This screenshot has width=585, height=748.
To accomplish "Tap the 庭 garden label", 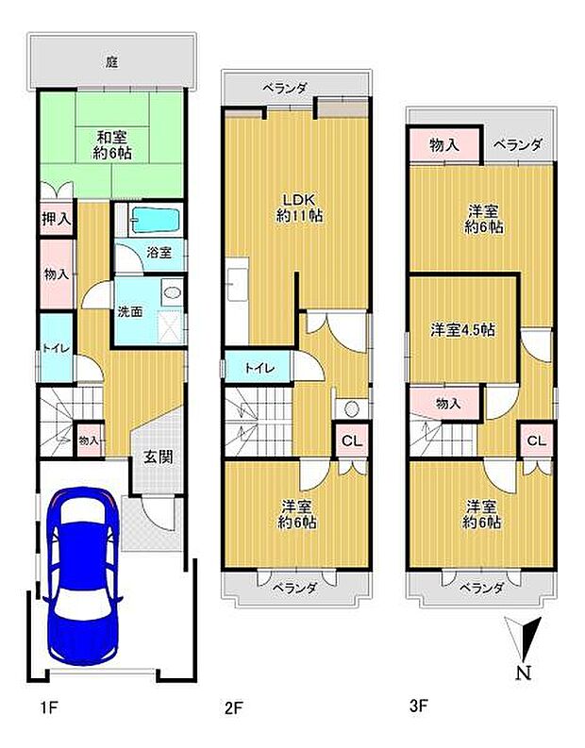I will [x=111, y=63].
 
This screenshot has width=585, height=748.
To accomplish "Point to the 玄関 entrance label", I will [x=157, y=457].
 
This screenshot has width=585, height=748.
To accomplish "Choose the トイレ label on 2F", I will [x=259, y=368].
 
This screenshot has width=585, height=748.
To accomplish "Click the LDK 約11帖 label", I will [x=298, y=207].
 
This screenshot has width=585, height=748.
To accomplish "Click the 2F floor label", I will [x=233, y=705].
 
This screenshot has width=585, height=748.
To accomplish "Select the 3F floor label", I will [x=418, y=705].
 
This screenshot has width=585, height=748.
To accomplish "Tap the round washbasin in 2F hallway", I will [x=351, y=409].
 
